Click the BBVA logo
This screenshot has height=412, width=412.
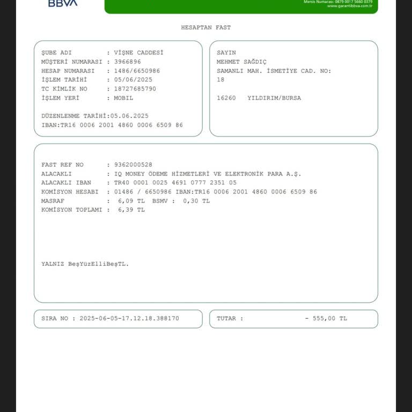[63, 3]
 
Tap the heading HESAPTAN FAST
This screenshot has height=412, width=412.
[206, 27]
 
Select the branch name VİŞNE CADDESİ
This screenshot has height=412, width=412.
[138, 53]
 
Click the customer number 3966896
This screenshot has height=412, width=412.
[128, 62]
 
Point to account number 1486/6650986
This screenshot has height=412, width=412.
[137, 71]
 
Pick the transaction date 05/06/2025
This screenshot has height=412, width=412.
[133, 80]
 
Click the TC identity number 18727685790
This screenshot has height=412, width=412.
[135, 89]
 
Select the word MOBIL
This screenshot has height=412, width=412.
[123, 98]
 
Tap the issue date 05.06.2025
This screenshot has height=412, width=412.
[129, 116]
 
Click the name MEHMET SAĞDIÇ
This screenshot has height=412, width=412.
[241, 62]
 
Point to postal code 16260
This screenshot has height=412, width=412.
[226, 98]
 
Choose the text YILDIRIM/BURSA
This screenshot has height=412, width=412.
[274, 98]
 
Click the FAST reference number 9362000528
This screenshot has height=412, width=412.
[133, 165]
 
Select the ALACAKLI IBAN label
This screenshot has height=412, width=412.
[66, 182]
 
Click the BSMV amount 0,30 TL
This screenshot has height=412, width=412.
[196, 201]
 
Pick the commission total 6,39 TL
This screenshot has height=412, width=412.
[131, 210]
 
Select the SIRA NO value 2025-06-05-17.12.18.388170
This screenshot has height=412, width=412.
[129, 319]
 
